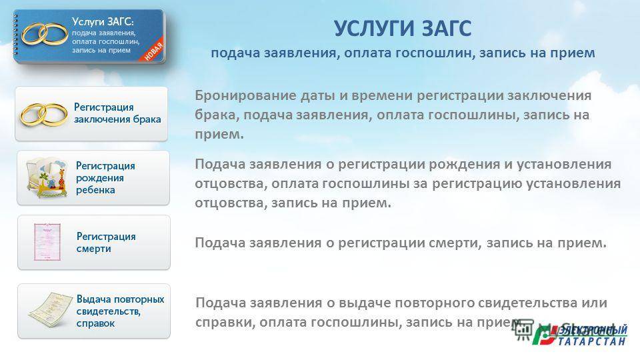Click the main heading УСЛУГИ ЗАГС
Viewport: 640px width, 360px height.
(403, 29)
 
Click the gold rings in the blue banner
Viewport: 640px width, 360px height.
(45, 33)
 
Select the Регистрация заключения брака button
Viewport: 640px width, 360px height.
(91, 114)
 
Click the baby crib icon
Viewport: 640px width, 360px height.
(45, 178)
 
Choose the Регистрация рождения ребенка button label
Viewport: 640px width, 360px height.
(105, 178)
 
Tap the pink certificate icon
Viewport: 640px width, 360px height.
(47, 242)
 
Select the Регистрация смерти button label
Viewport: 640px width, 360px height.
(106, 243)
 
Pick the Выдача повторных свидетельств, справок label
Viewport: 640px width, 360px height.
(120, 311)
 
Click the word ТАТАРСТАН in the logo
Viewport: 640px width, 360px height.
(591, 341)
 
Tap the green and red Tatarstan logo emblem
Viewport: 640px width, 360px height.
(544, 335)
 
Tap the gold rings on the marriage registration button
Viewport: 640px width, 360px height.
(43, 114)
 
